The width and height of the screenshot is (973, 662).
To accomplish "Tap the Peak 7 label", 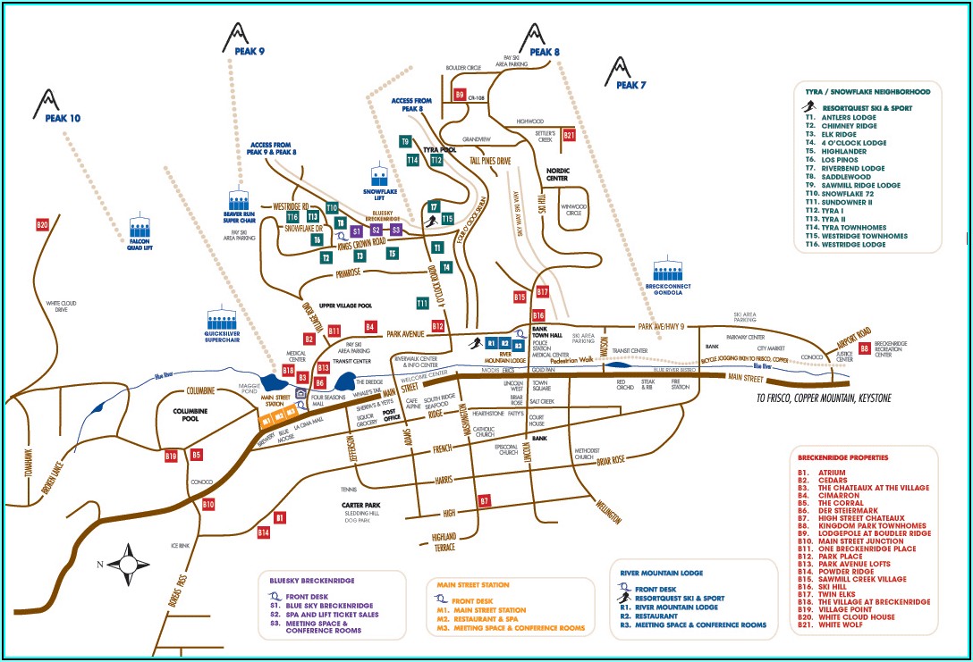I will click(x=630, y=85).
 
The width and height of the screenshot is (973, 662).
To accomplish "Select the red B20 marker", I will click(x=42, y=225).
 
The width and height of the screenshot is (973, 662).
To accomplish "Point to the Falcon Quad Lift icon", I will click(x=140, y=227).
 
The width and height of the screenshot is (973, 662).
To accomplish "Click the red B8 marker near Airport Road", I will click(x=865, y=348).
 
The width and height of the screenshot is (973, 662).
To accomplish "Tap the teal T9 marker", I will click(x=405, y=142).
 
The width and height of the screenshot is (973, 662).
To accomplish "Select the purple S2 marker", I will click(x=377, y=230).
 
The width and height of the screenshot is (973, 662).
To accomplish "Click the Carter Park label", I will click(x=361, y=506).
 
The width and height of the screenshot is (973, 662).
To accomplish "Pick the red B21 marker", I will click(x=569, y=135).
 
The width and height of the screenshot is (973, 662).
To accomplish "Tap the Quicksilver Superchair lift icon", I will click(x=224, y=318).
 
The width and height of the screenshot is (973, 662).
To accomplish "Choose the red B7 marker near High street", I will click(x=484, y=500).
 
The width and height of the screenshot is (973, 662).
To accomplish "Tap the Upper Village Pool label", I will click(x=339, y=306).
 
